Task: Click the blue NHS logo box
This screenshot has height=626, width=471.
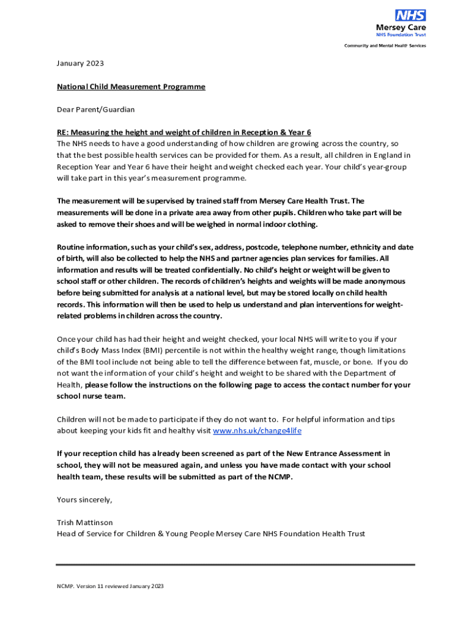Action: [x=410, y=15]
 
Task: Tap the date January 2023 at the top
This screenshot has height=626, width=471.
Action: [x=80, y=64]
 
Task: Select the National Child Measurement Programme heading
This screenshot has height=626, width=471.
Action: [x=131, y=87]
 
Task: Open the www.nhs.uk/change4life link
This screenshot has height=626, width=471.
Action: [x=257, y=431]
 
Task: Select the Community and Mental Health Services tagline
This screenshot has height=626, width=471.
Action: [x=385, y=46]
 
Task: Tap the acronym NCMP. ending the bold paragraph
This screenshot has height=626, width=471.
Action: [x=280, y=477]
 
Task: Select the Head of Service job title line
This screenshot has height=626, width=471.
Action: [x=210, y=534]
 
